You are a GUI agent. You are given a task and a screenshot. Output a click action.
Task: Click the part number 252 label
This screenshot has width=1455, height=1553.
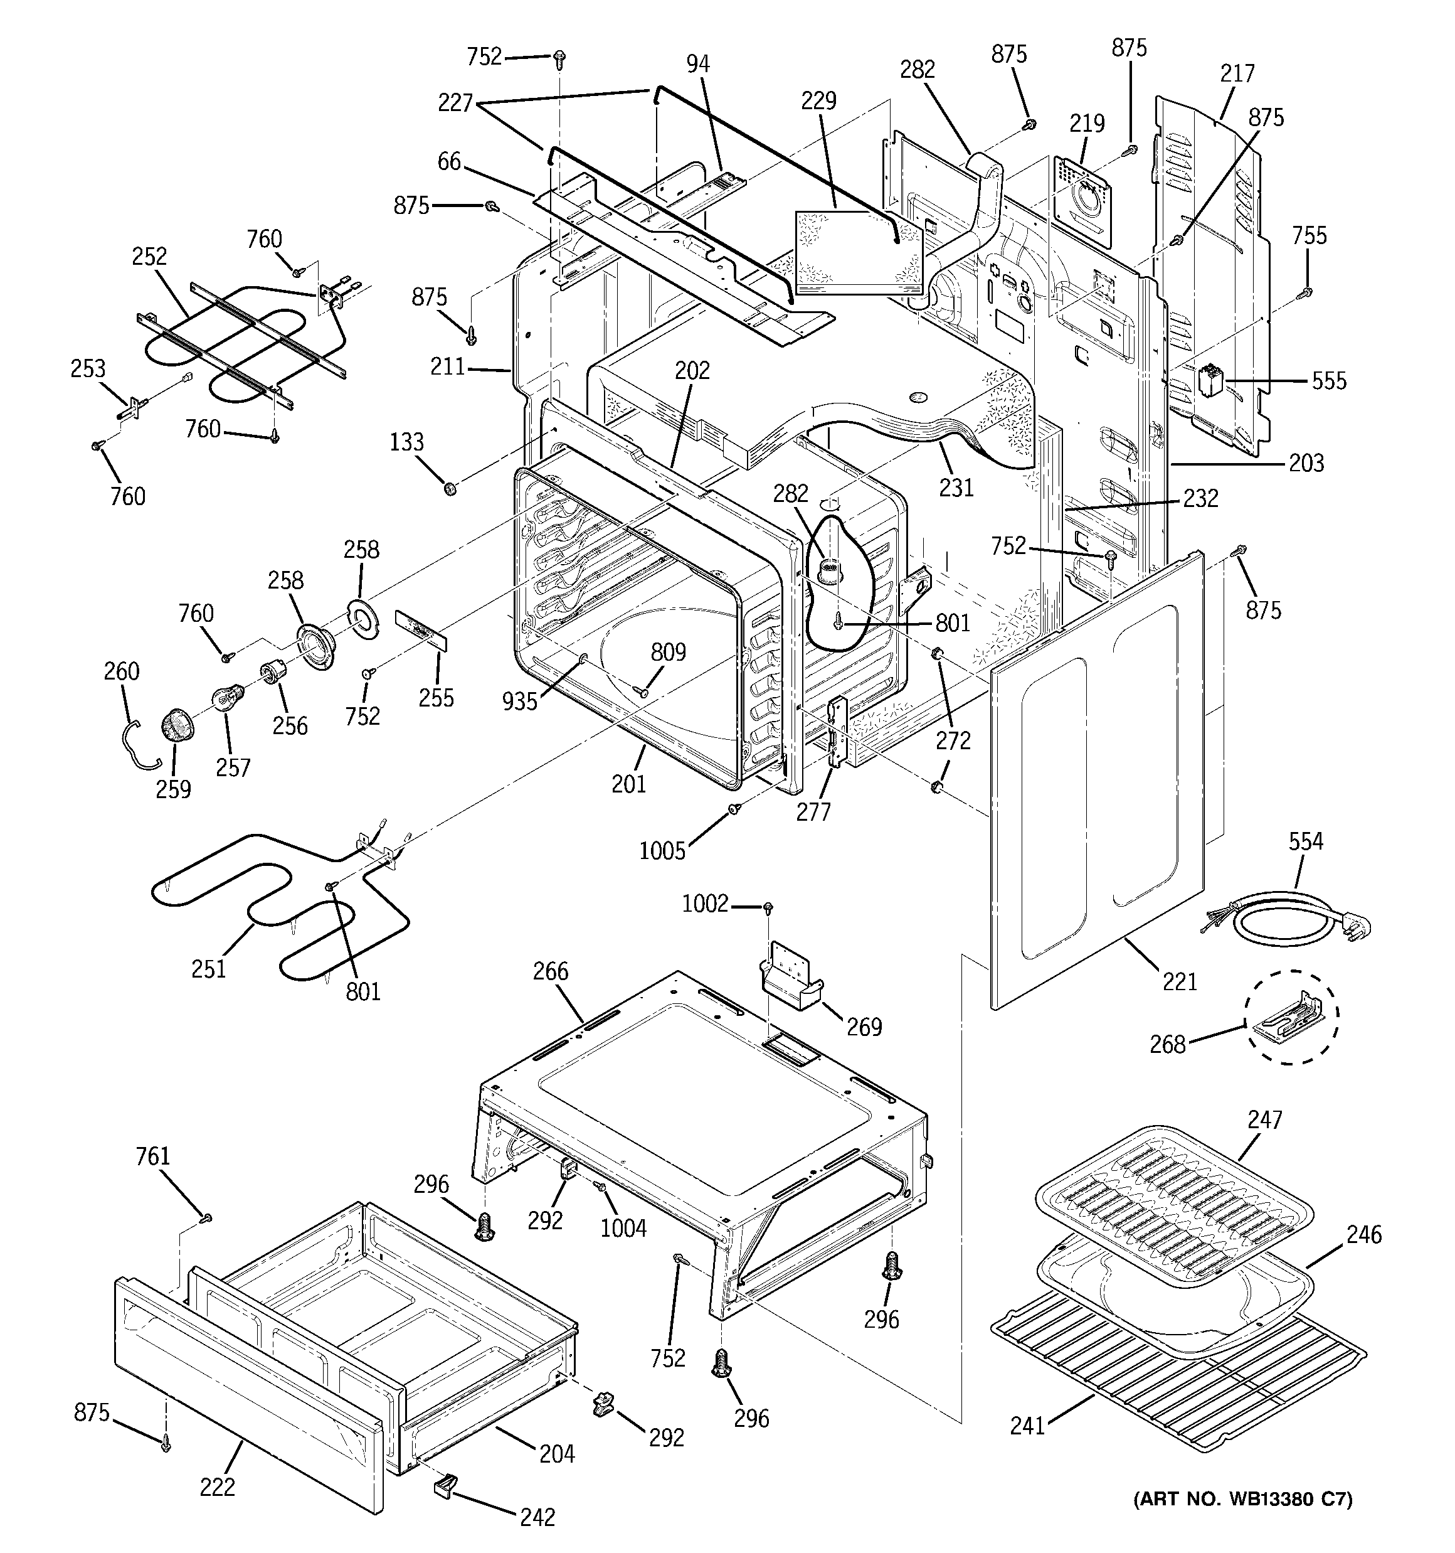[x=149, y=256]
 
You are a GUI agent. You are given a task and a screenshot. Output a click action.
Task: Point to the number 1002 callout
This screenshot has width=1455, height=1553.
[x=704, y=904]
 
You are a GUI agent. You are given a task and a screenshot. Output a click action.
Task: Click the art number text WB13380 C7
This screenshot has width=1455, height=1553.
[x=1242, y=1499]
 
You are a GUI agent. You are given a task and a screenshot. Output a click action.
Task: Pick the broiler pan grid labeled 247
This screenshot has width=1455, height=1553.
[x=1172, y=1190]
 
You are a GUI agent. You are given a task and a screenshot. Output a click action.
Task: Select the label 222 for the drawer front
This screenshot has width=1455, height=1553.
[x=217, y=1486]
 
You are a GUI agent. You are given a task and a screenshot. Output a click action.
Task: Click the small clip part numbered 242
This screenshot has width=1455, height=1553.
[x=446, y=1483]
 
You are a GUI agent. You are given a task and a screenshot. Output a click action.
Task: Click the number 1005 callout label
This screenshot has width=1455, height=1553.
[x=662, y=851]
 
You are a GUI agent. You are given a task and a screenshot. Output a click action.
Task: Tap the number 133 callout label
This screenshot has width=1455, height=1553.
[x=406, y=442]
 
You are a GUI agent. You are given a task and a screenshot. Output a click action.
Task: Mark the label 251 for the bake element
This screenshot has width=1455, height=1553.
[x=208, y=969]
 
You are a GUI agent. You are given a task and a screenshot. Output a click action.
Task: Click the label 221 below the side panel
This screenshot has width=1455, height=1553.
[x=1179, y=981]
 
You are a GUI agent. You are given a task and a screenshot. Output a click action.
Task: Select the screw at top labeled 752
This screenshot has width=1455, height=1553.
[x=559, y=57]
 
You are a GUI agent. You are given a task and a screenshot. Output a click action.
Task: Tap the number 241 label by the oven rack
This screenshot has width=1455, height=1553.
[x=1027, y=1426]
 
